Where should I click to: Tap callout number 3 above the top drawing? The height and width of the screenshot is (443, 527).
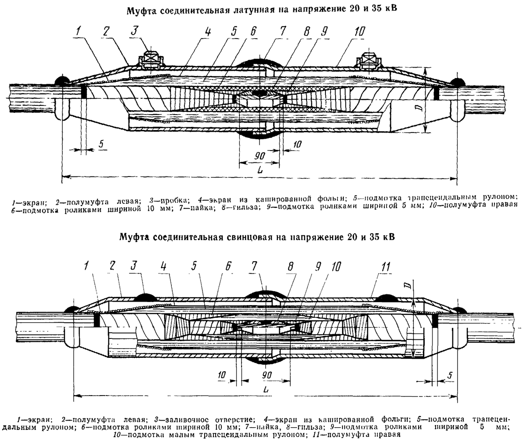135,31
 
